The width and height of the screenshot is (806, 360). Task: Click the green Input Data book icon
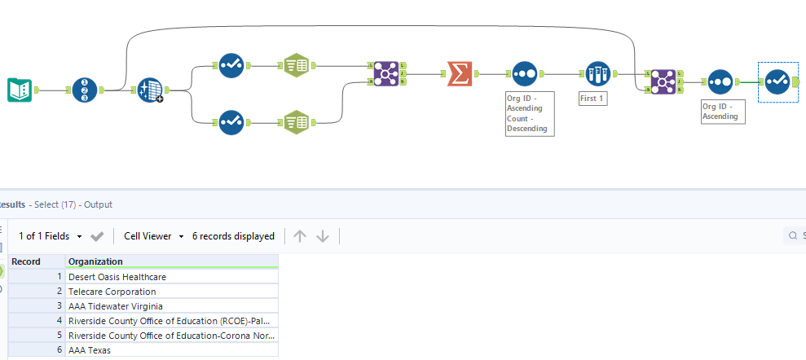tap(20, 90)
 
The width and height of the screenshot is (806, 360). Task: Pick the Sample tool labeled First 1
tap(598, 73)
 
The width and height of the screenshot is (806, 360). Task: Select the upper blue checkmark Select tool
tap(231, 65)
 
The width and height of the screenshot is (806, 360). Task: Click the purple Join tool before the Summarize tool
tap(382, 73)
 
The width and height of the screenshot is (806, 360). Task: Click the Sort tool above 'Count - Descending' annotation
tap(525, 73)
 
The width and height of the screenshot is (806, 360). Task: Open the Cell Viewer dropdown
tap(154, 236)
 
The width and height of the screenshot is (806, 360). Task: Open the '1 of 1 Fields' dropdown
tap(51, 236)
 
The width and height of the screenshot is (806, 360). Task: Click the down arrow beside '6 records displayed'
tap(323, 236)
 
